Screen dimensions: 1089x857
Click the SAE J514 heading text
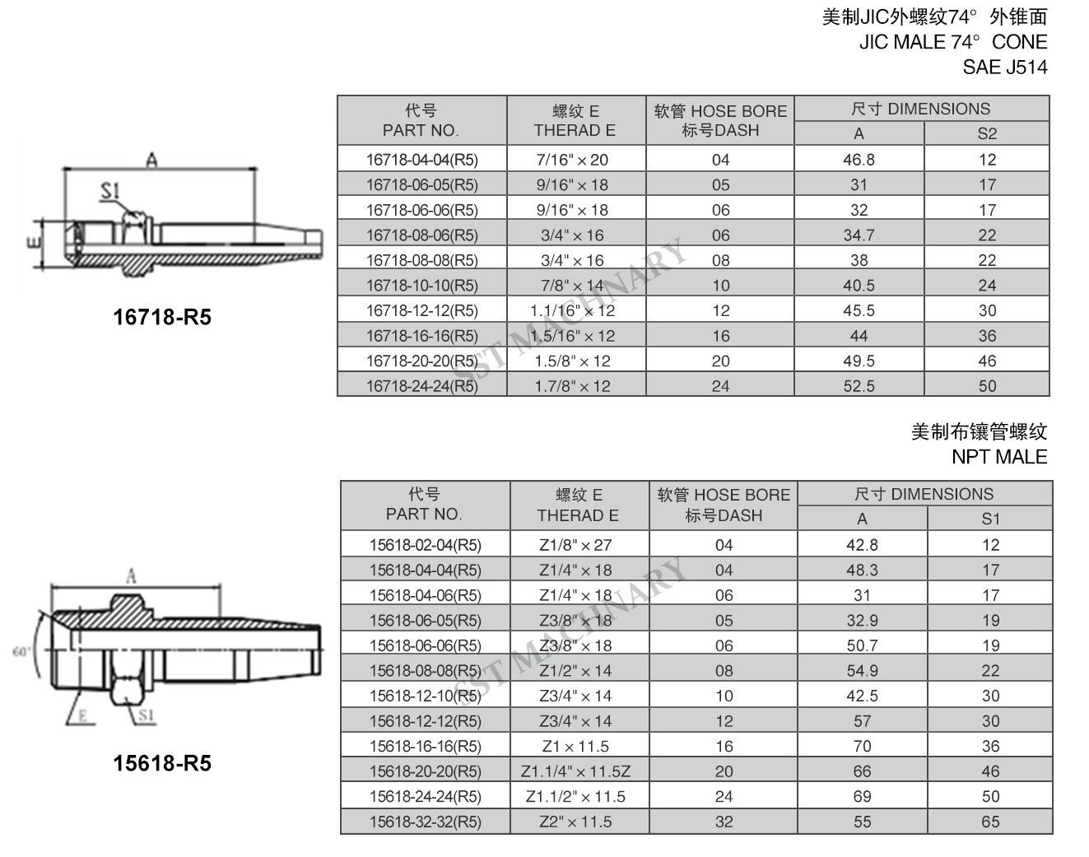click(x=1004, y=68)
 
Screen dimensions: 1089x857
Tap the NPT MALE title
click(x=999, y=457)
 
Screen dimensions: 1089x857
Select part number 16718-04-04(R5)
click(x=422, y=160)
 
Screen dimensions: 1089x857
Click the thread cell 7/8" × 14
click(x=572, y=286)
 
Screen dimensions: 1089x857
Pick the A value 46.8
click(x=859, y=160)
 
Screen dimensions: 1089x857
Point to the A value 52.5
click(x=859, y=386)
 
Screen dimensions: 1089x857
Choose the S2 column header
click(x=987, y=133)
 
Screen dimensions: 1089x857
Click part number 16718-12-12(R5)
click(x=422, y=311)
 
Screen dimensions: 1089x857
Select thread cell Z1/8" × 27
click(x=575, y=545)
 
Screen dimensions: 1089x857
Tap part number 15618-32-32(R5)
click(x=425, y=822)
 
